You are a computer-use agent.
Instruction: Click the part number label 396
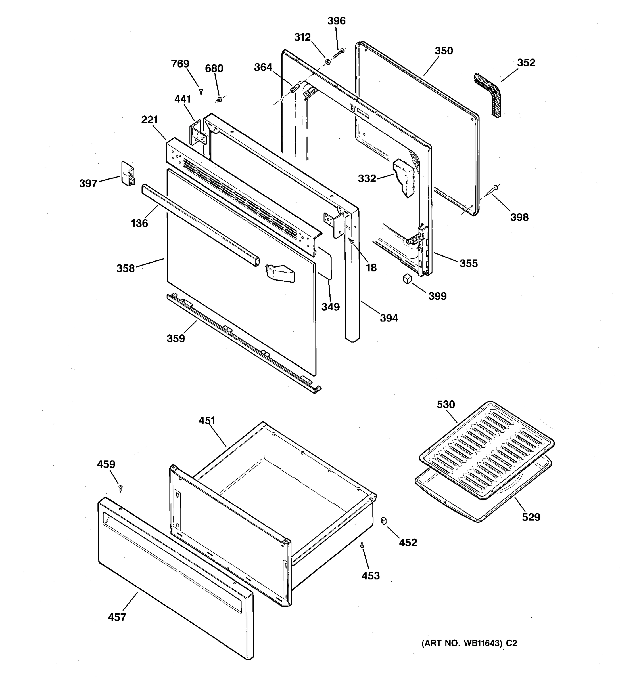(x=336, y=21)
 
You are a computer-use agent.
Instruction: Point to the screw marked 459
(x=120, y=487)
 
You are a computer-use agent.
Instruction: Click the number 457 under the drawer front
(x=117, y=617)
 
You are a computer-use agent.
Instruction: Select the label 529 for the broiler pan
(x=531, y=517)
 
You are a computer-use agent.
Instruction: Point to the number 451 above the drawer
(x=207, y=420)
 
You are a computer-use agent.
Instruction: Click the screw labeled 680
(x=219, y=100)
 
